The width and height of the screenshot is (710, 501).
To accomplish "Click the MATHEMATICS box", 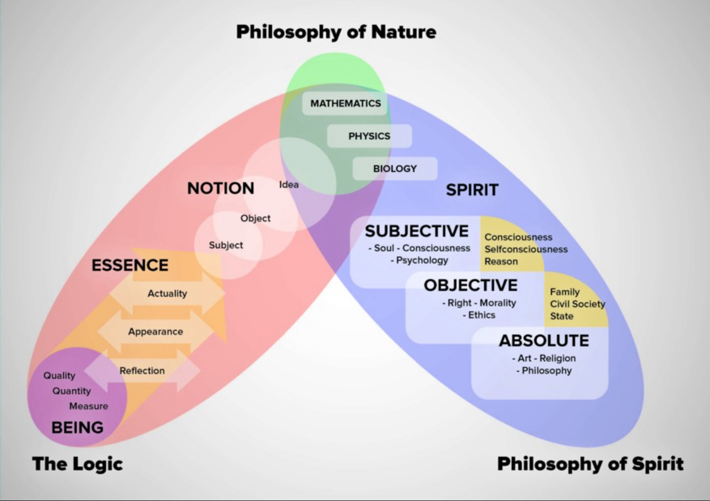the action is click(345, 104).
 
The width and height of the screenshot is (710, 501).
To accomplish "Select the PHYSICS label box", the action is click(369, 136).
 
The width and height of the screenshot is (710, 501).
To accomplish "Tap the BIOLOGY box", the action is click(395, 168).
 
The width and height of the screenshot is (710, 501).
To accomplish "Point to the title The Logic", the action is click(78, 464).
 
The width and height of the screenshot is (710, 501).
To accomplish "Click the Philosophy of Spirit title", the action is click(591, 465).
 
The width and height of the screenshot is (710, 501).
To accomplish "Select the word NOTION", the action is click(221, 188).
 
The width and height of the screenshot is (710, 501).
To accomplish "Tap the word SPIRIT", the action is click(472, 190).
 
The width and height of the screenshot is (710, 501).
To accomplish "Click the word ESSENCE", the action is click(130, 265).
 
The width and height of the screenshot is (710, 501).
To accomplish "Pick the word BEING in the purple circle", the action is click(78, 427).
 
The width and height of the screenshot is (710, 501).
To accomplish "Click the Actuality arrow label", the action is click(167, 293).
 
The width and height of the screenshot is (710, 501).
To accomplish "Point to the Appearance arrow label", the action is click(156, 331).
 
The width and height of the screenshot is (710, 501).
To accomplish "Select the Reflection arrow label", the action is click(142, 371).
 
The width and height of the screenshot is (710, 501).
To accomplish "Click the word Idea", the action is click(289, 184).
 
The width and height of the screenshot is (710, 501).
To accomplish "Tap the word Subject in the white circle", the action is click(226, 245).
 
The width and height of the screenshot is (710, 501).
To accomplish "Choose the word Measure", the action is click(89, 406).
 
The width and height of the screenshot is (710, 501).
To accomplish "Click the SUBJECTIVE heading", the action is click(417, 231).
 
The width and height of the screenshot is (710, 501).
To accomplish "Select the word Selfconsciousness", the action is click(526, 249).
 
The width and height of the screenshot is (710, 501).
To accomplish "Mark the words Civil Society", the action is click(578, 304).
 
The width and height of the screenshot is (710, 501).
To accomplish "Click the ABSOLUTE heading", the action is click(544, 341).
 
